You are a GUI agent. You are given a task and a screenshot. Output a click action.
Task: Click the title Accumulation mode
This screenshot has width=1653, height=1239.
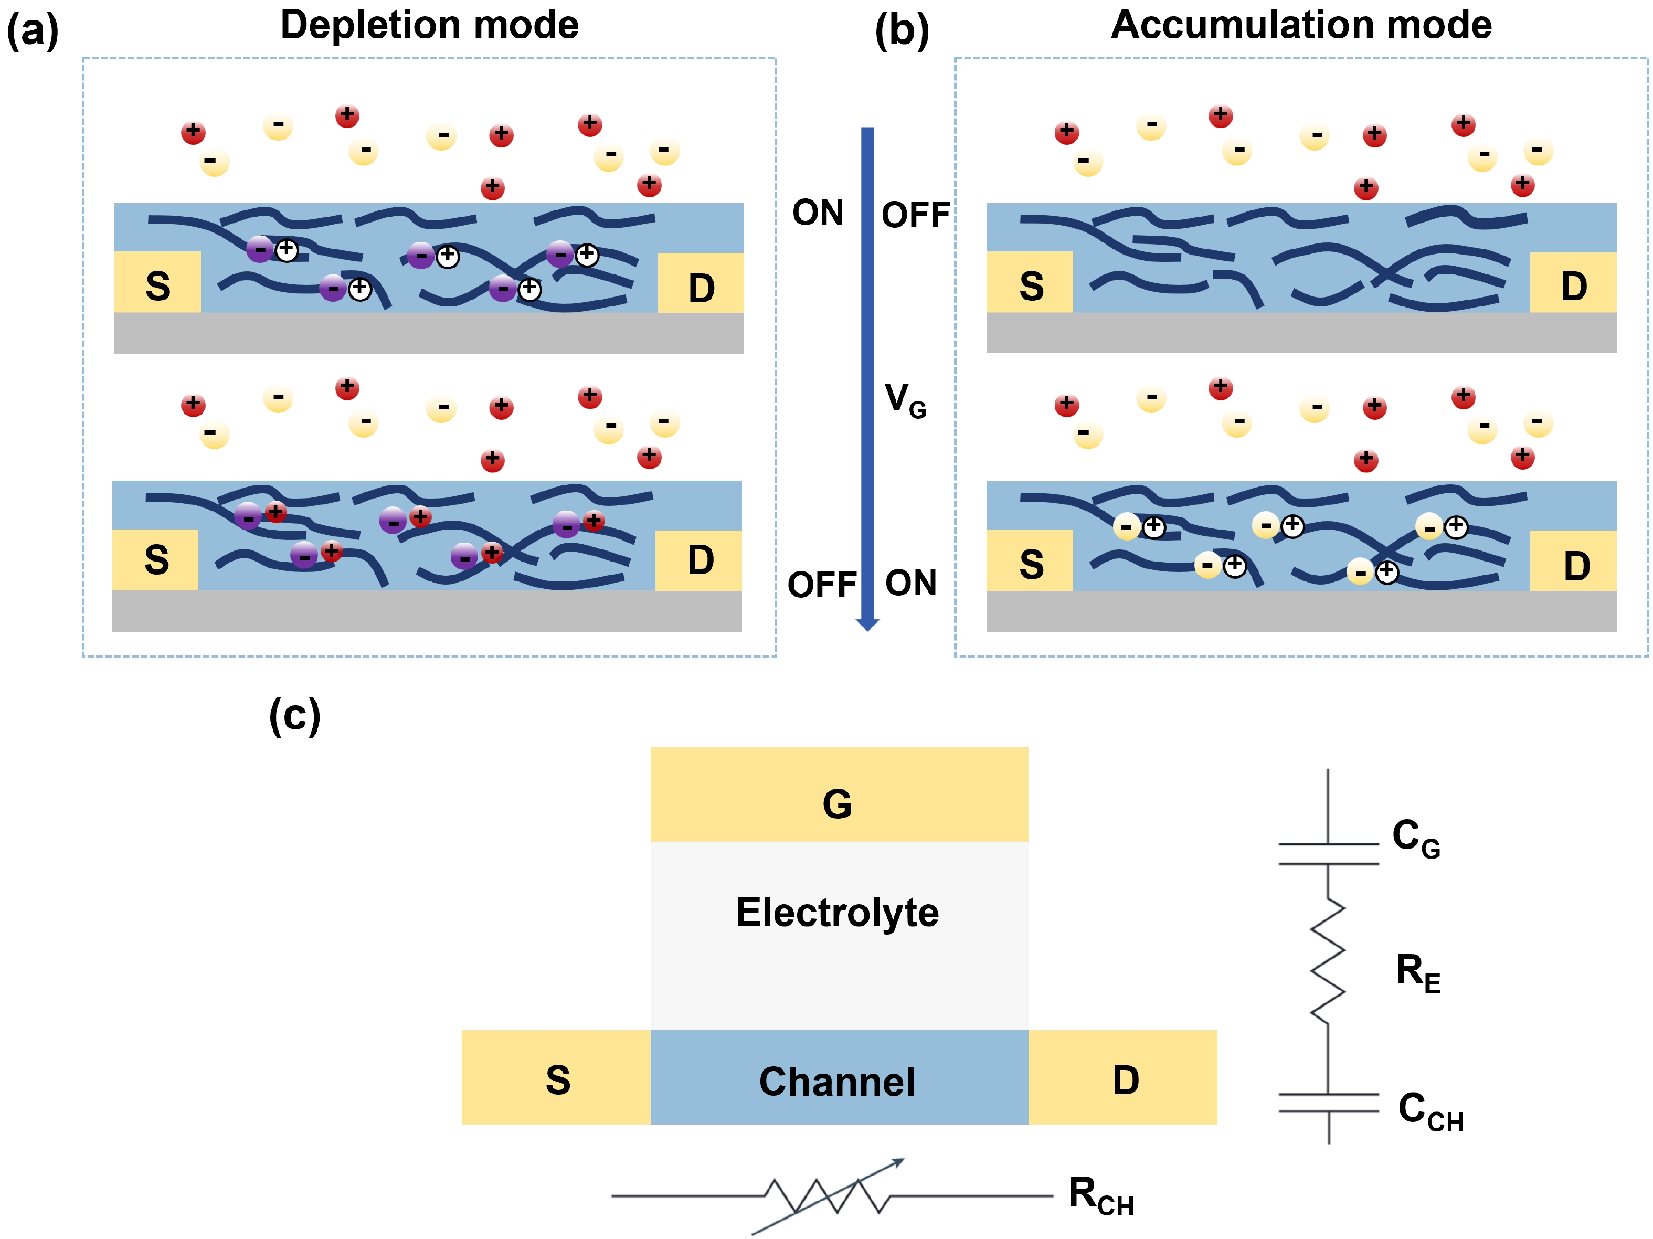1301,25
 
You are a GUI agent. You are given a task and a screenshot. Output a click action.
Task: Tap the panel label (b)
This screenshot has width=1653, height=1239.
902,31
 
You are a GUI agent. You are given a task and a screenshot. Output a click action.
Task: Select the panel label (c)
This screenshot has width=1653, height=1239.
294,715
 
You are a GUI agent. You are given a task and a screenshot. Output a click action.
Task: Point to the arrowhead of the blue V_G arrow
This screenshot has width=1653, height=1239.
867,624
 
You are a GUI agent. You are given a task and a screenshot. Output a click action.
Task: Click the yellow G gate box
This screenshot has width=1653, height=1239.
839,795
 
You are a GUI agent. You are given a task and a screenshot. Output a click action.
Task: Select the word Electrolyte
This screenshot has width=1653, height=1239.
837,913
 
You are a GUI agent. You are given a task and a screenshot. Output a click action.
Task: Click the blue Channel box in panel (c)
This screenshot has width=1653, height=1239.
839,1077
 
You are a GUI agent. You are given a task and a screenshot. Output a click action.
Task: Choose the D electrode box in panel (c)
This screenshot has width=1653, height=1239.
1122,1077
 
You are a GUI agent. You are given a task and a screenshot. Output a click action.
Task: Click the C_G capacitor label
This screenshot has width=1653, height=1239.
1415,837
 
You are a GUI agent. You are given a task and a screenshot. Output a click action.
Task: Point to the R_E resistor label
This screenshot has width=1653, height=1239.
1417,972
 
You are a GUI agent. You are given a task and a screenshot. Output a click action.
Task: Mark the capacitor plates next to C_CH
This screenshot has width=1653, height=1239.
1328,1103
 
